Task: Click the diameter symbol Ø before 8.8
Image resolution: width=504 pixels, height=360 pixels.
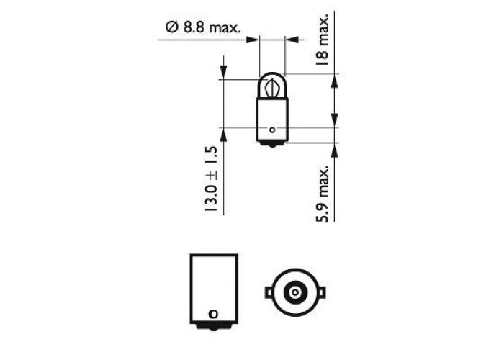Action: [x=171, y=27]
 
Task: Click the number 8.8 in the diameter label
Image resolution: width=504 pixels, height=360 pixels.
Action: [x=194, y=27]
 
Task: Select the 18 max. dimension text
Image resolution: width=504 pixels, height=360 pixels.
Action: [x=322, y=40]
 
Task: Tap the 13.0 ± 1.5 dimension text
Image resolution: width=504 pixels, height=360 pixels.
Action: [x=211, y=179]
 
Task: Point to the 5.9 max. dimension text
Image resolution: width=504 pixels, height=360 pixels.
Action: [x=322, y=194]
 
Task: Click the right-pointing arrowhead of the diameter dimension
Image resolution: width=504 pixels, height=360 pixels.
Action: [x=252, y=40]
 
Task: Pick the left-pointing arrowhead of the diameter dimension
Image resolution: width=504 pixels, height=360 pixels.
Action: [x=292, y=40]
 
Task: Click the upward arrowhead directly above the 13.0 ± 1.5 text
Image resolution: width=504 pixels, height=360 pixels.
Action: [x=223, y=135]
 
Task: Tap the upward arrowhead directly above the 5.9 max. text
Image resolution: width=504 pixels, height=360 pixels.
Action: [x=335, y=150]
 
